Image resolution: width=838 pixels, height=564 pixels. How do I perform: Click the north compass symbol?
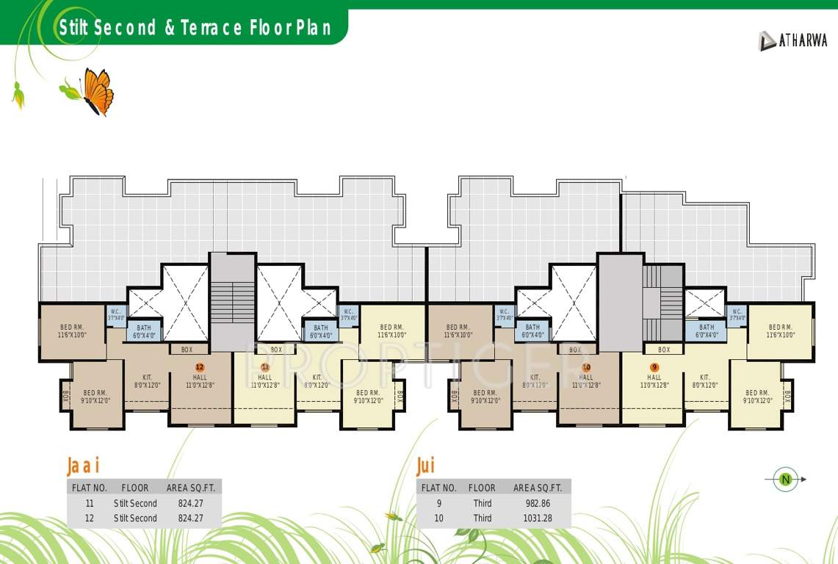(x=785, y=480)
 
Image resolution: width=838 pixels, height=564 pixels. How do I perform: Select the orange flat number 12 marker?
(x=199, y=366)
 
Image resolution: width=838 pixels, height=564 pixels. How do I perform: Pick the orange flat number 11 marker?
(x=265, y=366)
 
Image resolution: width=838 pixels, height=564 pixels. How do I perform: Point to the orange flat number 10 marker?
(x=586, y=366)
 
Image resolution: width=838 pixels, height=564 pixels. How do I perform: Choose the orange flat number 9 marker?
(x=654, y=366)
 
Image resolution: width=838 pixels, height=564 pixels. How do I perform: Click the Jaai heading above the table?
(x=82, y=466)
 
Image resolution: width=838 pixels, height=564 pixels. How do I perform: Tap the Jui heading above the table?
(x=425, y=466)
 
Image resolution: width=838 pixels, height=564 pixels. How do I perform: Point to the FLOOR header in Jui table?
(x=482, y=488)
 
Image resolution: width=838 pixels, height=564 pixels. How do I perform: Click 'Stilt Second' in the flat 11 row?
(x=135, y=503)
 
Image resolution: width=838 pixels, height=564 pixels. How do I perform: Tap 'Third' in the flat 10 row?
(x=483, y=518)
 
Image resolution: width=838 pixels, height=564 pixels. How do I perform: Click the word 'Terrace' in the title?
(x=213, y=29)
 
